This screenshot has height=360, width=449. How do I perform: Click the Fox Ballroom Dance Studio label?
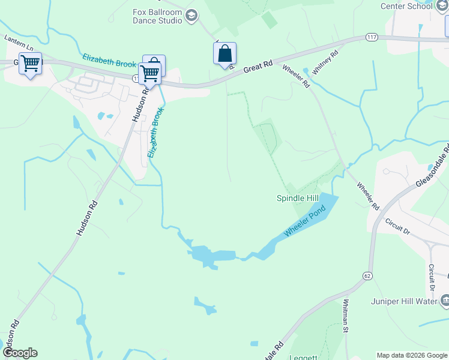(x=157, y=16)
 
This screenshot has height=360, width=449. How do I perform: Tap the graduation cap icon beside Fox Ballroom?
(x=191, y=16)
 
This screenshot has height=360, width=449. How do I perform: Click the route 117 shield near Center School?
(x=371, y=38)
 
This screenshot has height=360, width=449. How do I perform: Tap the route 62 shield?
(x=367, y=275)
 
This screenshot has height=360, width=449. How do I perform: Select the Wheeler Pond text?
(x=305, y=221)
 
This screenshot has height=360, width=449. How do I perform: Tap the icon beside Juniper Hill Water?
(x=445, y=299)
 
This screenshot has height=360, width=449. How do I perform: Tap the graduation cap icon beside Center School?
(x=442, y=6)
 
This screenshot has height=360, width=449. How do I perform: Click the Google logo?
(x=20, y=353)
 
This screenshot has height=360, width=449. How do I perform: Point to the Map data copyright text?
(x=412, y=355)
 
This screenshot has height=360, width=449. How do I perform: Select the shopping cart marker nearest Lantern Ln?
(x=30, y=64)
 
